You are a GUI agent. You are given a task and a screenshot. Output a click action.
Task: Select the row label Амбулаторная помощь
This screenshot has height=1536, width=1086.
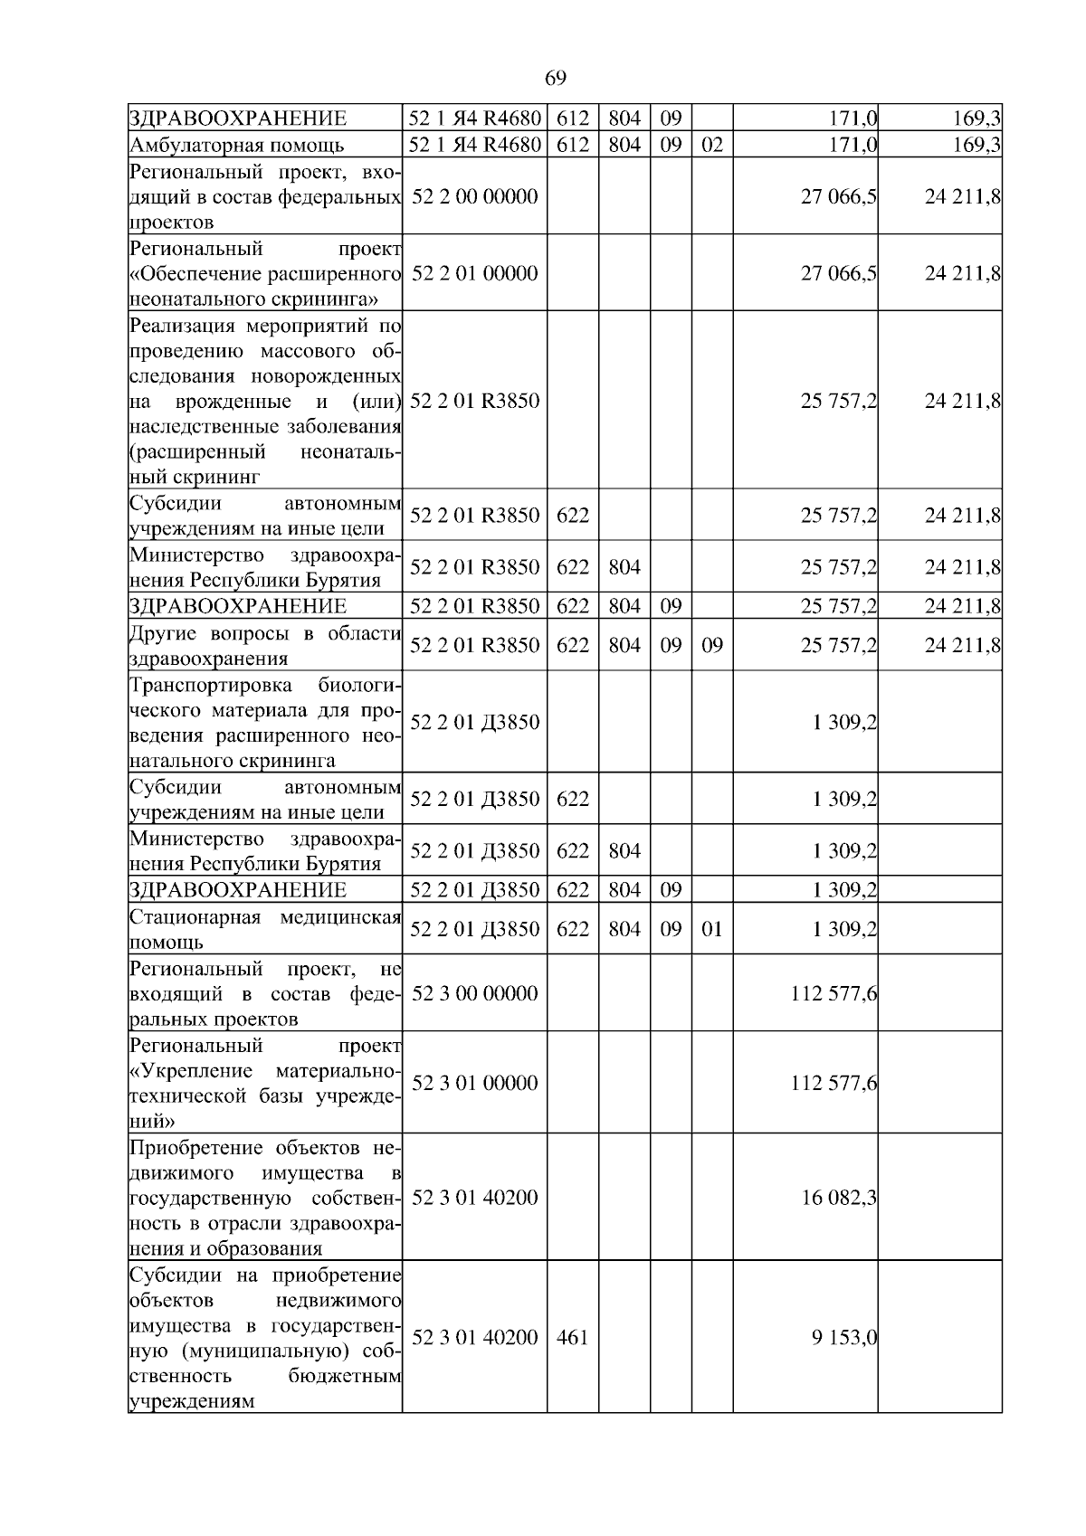pos(237,145)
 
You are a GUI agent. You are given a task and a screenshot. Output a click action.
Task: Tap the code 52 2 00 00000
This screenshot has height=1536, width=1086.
pos(474,197)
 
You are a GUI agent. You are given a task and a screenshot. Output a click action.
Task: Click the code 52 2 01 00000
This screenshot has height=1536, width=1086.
pos(474,273)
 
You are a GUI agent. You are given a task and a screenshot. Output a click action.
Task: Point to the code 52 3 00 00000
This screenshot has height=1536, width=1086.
pos(474,993)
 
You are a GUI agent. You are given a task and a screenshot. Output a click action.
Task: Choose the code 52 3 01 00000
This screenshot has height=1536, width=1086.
pos(474,1083)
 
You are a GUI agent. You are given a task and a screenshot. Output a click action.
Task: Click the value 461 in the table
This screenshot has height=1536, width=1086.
pos(572,1337)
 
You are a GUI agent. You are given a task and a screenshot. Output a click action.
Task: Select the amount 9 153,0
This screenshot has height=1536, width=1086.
pos(844,1337)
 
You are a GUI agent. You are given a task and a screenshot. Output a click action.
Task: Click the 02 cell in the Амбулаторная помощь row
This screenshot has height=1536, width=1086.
pos(712,145)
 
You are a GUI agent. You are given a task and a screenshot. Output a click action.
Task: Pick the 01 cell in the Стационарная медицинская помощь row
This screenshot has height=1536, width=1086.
pos(712,929)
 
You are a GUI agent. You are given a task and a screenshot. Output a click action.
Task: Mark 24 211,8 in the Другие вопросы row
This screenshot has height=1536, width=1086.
pos(962,645)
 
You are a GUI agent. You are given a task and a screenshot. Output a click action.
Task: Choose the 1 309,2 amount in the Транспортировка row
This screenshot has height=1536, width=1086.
pos(844,722)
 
